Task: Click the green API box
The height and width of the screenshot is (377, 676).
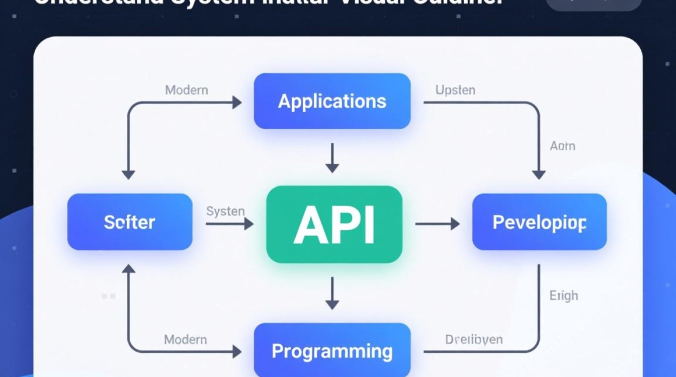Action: coord(334,224)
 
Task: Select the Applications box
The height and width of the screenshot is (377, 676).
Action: coord(332,101)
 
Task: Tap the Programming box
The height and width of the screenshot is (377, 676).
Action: coord(332,350)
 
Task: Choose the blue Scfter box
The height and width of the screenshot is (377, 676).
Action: coord(130,222)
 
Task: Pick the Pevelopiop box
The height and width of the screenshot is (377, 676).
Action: coord(539,222)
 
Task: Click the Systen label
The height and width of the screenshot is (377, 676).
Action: coord(225,211)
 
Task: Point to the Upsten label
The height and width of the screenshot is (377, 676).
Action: coord(455,90)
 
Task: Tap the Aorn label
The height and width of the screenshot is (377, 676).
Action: coord(562,146)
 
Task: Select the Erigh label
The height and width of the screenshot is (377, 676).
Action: coord(563,296)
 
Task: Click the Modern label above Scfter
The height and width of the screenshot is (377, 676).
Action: coord(186,90)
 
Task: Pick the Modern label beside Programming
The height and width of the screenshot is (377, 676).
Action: coord(185,340)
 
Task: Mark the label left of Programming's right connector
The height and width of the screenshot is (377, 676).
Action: coord(473,340)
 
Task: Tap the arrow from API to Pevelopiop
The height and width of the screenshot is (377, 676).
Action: coord(437,224)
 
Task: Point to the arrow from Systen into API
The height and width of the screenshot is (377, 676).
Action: coord(229,224)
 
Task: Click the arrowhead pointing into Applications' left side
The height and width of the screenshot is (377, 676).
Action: coord(237,103)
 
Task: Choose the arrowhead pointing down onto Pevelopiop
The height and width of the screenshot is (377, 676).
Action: coord(539,174)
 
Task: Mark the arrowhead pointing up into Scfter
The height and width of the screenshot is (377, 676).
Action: coord(129,269)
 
